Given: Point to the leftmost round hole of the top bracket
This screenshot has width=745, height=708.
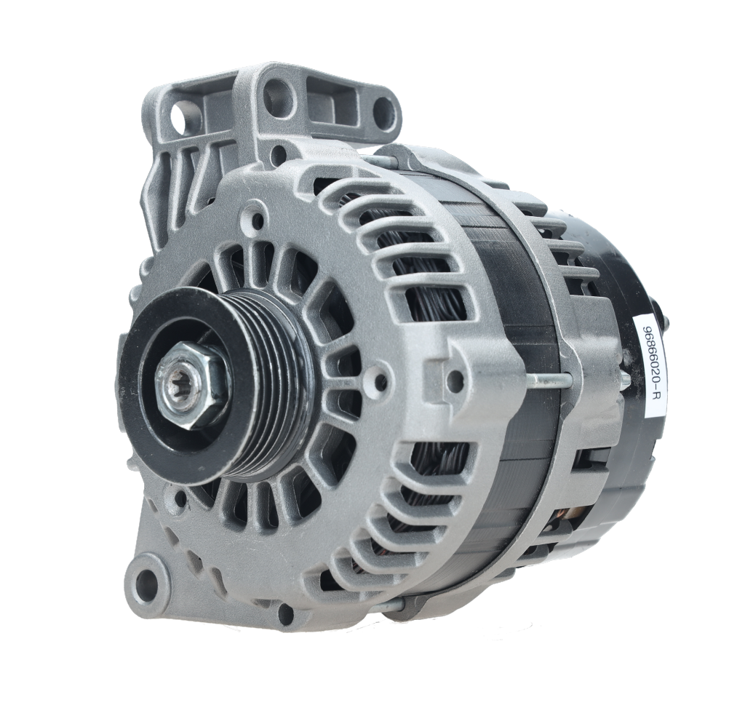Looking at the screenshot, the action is [x=179, y=117].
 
